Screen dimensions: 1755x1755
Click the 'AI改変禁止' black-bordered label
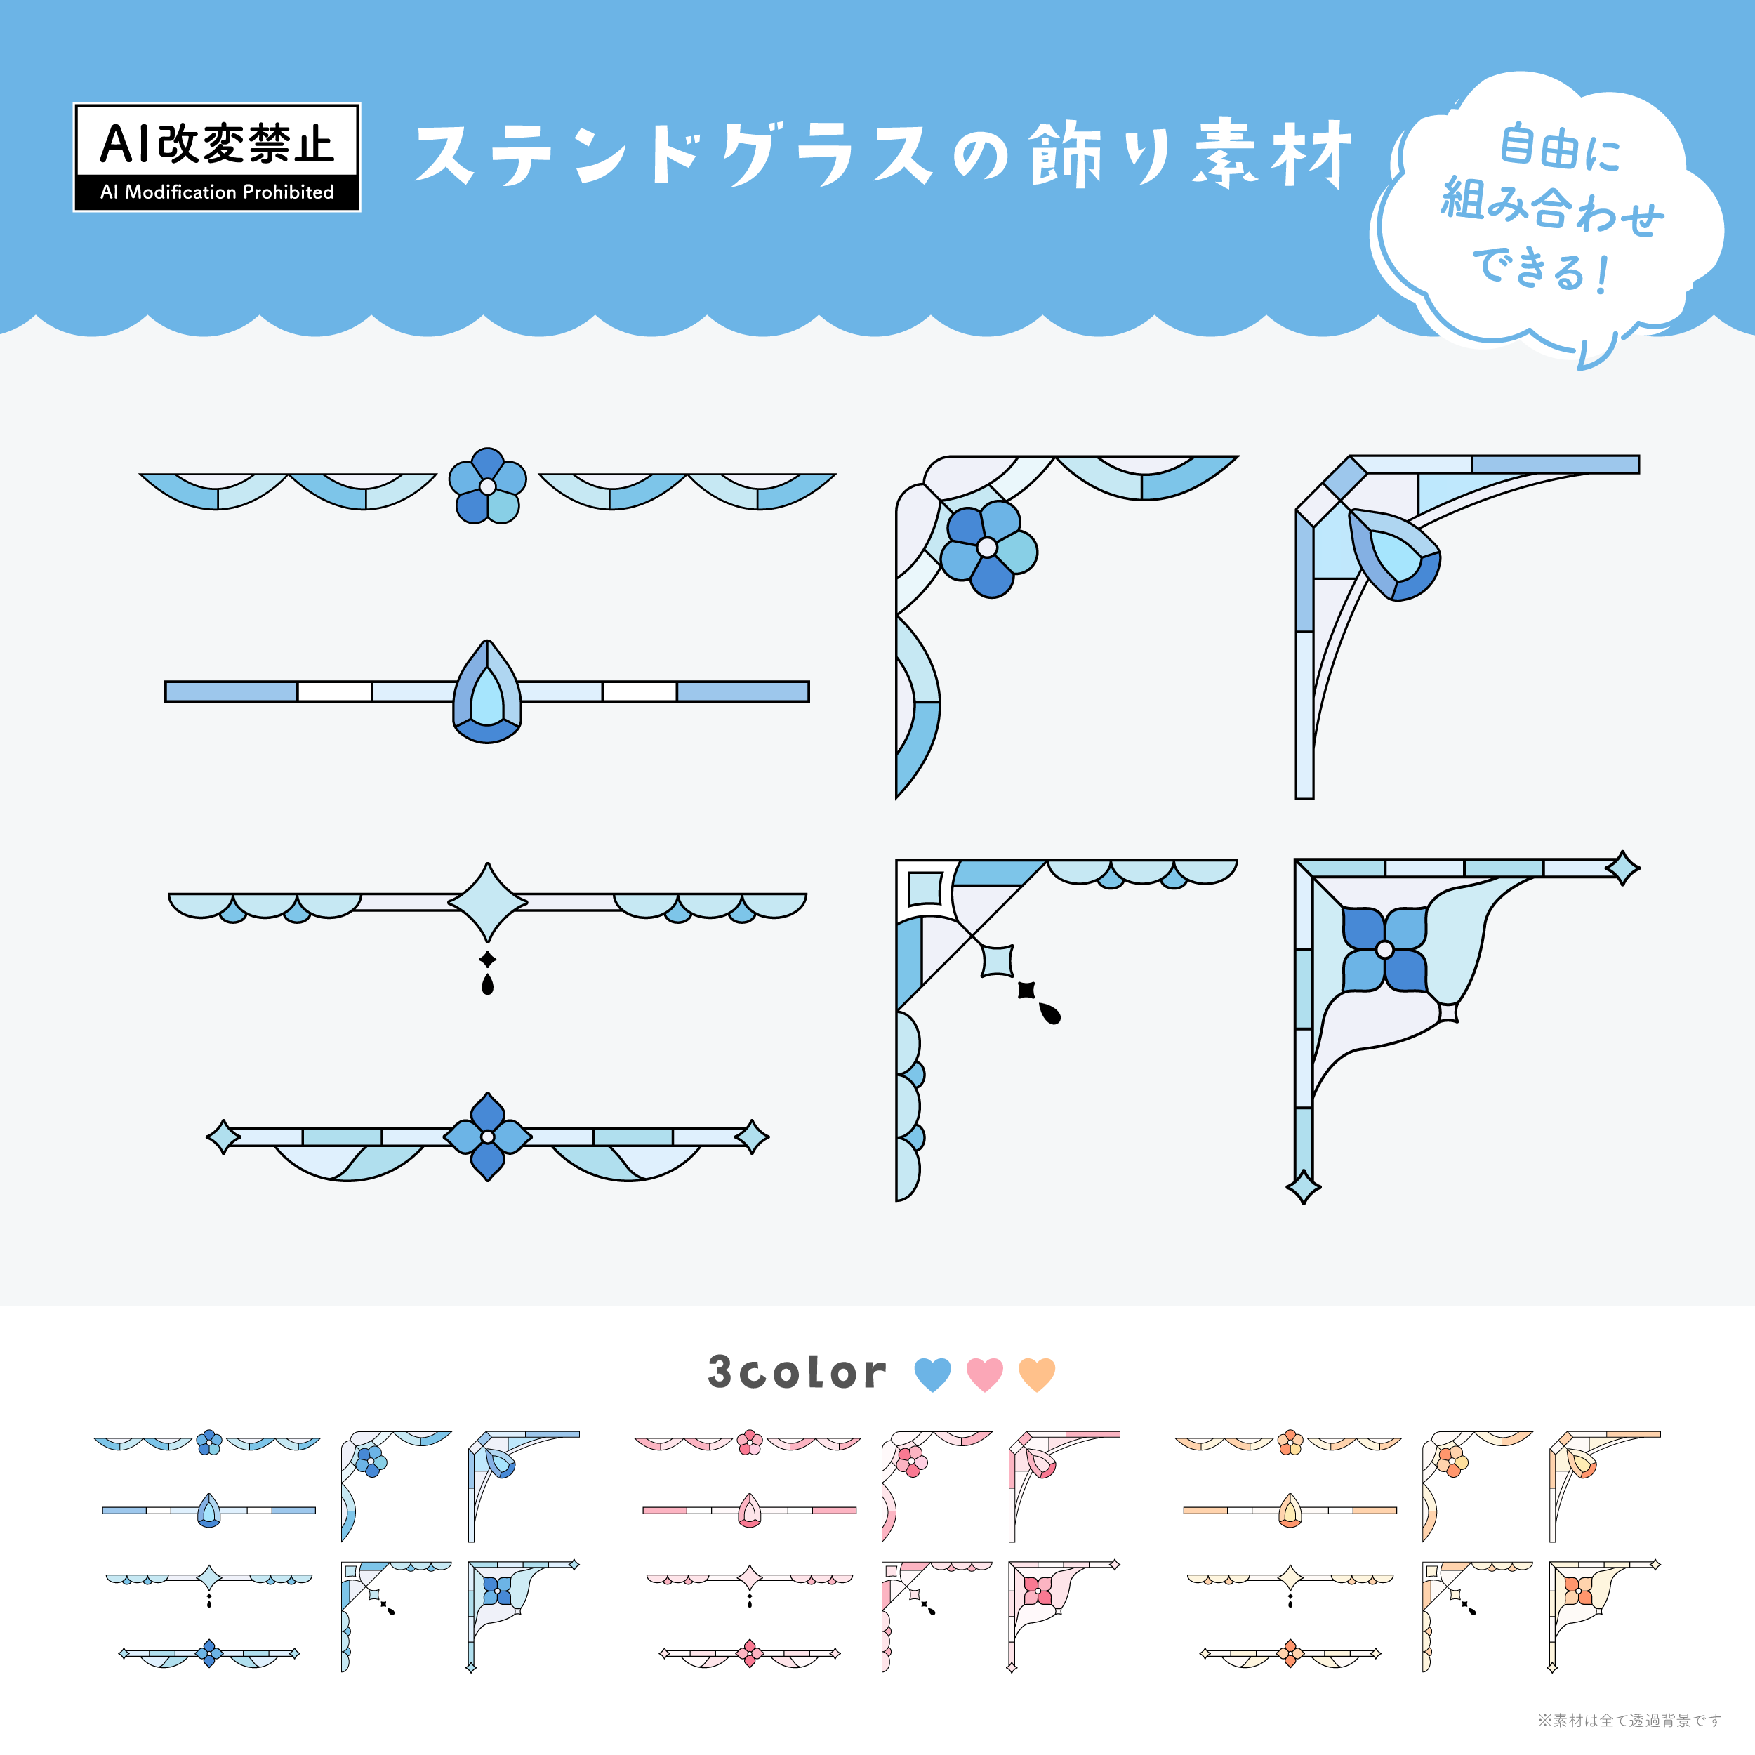tap(216, 157)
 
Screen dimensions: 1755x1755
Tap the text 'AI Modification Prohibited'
tap(216, 192)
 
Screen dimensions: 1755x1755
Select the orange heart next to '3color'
tap(1036, 1375)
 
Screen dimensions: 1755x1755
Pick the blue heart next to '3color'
tap(932, 1375)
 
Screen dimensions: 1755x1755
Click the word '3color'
tap(797, 1372)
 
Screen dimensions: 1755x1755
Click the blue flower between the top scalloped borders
tap(488, 486)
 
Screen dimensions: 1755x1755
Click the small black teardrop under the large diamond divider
tap(488, 985)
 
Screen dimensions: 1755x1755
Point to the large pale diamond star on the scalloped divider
tap(488, 902)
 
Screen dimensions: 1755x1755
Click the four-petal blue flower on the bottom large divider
tap(488, 1137)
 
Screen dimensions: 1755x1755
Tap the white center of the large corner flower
tap(988, 548)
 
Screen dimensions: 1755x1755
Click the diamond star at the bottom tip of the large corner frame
tap(1304, 1186)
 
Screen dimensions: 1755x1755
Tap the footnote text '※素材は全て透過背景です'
tap(1629, 1720)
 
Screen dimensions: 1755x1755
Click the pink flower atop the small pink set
tap(750, 1443)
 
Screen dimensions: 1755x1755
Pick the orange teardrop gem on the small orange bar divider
tap(1290, 1511)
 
